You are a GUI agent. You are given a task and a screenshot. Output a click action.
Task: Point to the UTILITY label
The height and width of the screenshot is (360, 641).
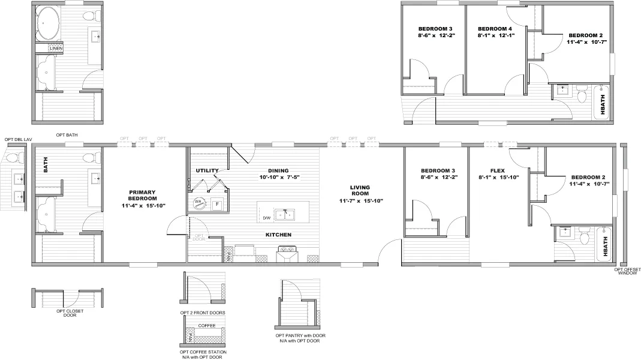pyautogui.click(x=207, y=171)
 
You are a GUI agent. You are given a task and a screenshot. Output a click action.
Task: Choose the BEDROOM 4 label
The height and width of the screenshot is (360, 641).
pyautogui.click(x=495, y=29)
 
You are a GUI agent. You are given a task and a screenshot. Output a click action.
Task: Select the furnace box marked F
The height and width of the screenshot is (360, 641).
pyautogui.click(x=217, y=205)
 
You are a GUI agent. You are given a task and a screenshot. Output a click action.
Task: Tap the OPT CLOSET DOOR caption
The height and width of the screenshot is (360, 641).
pyautogui.click(x=70, y=313)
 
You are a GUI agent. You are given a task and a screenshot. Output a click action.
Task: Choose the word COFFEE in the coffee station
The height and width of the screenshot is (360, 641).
pyautogui.click(x=206, y=325)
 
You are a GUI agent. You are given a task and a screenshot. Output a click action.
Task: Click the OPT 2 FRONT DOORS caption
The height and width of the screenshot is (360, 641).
pyautogui.click(x=203, y=313)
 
